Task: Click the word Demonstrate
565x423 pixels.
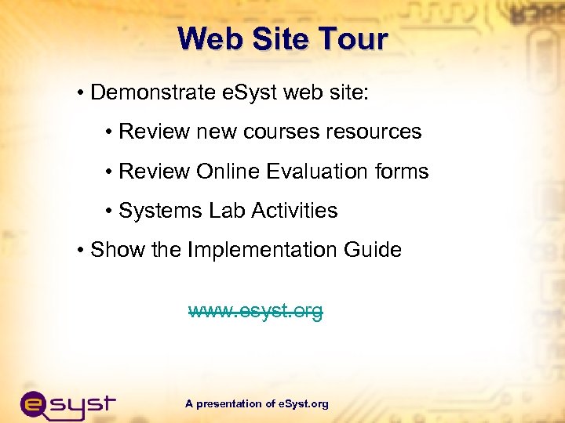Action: tap(153, 93)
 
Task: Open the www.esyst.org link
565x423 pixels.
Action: tap(256, 312)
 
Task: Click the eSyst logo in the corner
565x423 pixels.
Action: tap(67, 404)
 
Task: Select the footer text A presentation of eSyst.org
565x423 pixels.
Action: tap(257, 404)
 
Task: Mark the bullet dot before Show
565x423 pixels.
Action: tap(82, 251)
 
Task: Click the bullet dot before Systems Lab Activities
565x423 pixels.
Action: tap(109, 211)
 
